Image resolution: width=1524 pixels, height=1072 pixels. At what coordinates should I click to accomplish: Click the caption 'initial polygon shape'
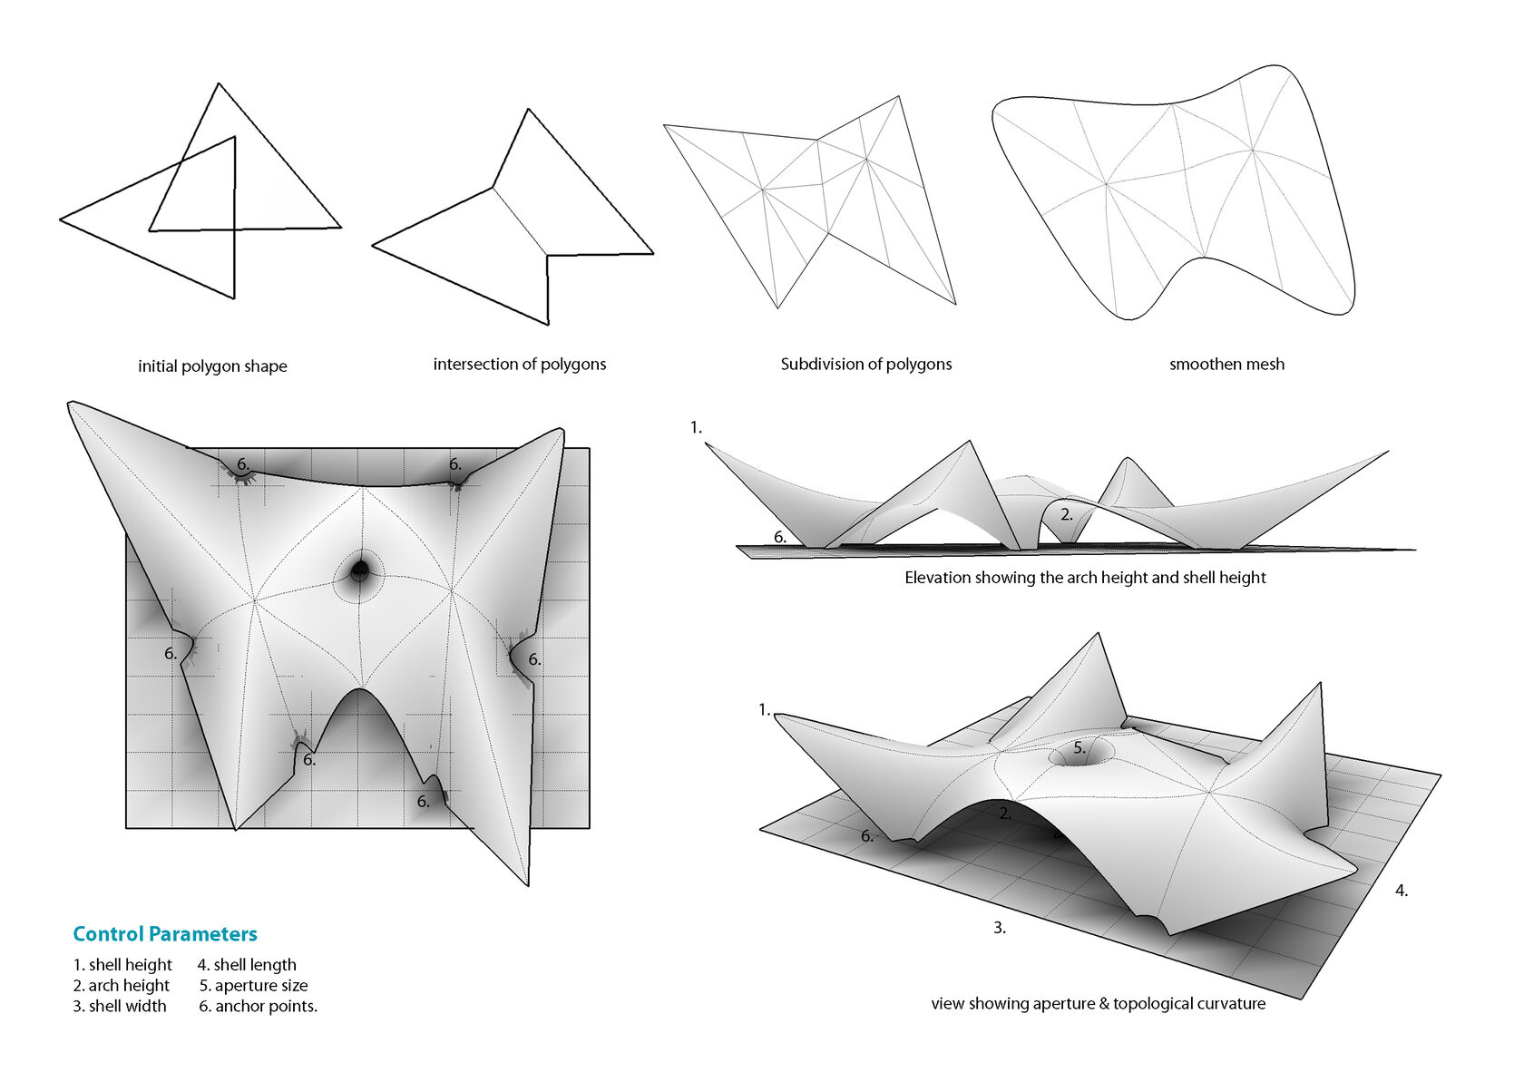(x=212, y=366)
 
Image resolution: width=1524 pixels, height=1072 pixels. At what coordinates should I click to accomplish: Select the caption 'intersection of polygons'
(x=519, y=365)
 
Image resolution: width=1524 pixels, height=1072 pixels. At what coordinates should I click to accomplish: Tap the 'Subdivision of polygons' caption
(x=866, y=365)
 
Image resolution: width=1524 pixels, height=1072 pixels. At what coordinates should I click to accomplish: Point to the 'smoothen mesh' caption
(x=1226, y=365)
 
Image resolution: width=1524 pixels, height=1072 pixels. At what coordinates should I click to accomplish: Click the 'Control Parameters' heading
(x=165, y=934)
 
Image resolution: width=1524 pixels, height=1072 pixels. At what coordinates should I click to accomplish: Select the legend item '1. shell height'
(x=122, y=965)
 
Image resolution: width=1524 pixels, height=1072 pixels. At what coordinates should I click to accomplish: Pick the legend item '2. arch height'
(x=122, y=986)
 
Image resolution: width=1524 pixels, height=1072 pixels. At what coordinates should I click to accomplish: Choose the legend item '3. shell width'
(x=120, y=1007)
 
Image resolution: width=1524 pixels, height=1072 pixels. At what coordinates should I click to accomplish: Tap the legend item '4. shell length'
(x=247, y=965)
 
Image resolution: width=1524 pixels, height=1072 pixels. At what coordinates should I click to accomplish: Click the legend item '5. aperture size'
(x=253, y=986)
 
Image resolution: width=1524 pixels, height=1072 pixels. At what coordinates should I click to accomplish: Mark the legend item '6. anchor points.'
(x=258, y=1007)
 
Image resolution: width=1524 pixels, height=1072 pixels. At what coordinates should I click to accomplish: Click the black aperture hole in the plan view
(x=360, y=570)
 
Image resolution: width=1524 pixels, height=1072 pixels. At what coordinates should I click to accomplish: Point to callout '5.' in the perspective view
(x=1079, y=749)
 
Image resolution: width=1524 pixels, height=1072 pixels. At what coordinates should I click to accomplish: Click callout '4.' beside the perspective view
(x=1402, y=892)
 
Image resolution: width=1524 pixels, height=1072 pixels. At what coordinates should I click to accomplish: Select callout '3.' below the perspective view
(x=1000, y=928)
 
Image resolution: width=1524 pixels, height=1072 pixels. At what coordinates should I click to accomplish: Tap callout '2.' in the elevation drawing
(x=1067, y=514)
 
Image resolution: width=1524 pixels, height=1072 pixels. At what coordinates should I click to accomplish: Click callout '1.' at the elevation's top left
(x=696, y=427)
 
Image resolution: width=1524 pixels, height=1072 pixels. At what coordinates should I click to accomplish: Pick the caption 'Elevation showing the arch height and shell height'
(x=1085, y=578)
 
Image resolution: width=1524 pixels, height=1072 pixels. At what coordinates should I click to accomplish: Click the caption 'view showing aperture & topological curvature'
(x=1098, y=1004)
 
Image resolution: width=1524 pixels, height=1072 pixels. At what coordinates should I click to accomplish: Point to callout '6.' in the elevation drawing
(x=780, y=538)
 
